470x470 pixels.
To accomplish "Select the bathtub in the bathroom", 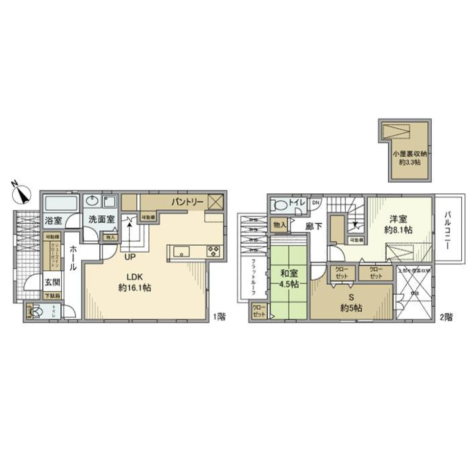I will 61,203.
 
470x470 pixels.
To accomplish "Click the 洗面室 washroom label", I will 101,219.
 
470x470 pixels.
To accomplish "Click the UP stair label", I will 130,256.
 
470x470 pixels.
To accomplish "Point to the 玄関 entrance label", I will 52,282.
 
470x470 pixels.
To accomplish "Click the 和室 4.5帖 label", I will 288,278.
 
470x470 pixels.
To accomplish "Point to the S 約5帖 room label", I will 351,304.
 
